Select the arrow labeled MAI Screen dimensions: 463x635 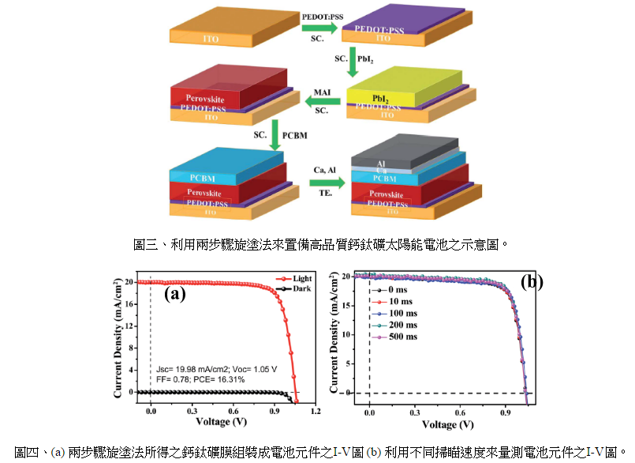322,100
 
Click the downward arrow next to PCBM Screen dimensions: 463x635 275,135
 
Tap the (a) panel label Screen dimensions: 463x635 174,295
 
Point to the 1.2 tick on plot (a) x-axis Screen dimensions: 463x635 316,411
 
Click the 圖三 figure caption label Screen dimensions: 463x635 145,244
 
